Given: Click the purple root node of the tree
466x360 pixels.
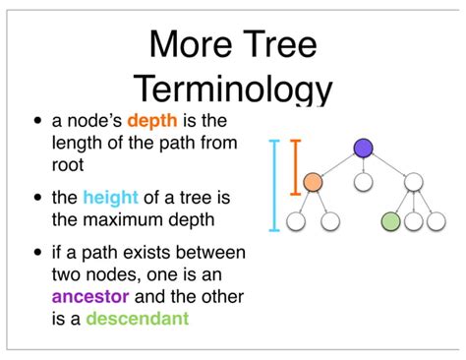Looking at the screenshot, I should click(363, 148).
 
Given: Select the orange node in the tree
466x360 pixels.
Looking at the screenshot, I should click(313, 182).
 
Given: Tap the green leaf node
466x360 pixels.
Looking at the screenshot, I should click(391, 221).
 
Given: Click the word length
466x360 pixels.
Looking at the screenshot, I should click(80, 145).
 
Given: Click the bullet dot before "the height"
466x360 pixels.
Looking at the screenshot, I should click(38, 197).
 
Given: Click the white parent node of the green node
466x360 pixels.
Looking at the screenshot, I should click(413, 182).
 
